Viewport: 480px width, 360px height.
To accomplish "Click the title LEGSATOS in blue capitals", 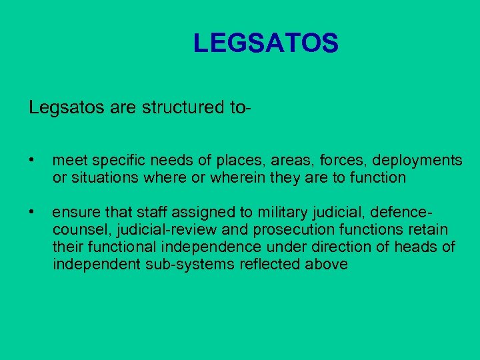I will click(266, 44).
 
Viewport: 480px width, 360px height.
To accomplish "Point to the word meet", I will click(69, 161).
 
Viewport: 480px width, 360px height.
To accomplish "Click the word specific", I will click(118, 161).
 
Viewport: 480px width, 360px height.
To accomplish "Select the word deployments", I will click(417, 161).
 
